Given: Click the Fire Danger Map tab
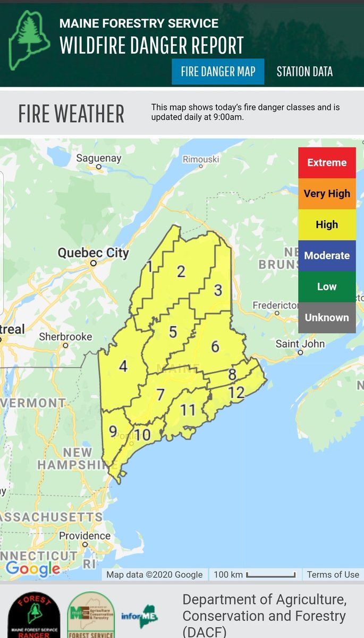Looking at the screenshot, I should coord(218,72).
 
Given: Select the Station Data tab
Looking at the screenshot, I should coord(304,72).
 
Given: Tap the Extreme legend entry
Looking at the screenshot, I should coord(327,163).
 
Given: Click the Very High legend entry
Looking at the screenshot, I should coord(327,194).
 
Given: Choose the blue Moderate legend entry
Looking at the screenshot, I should coord(327,256).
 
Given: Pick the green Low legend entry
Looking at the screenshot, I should coord(327,287).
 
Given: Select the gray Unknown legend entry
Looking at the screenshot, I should coord(327,318).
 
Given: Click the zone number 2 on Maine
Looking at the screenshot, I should coord(181,272).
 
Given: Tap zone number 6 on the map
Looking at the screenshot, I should coord(215,347).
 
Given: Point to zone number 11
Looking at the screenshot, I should coord(188,410).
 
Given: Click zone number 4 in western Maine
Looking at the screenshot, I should coord(123,366).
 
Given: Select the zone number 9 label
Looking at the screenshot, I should coord(113,431).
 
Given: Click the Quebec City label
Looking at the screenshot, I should coord(94,253).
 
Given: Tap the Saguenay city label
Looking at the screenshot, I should coord(99,158).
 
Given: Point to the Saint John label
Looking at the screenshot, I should coord(300,344).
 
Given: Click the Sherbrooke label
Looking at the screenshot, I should coord(65,337).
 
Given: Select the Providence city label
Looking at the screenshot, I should coord(85,536).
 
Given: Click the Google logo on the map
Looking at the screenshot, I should coord(33,568).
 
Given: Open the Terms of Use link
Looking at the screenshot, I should coord(333,574).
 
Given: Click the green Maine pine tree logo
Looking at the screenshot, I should coord(29,40).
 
